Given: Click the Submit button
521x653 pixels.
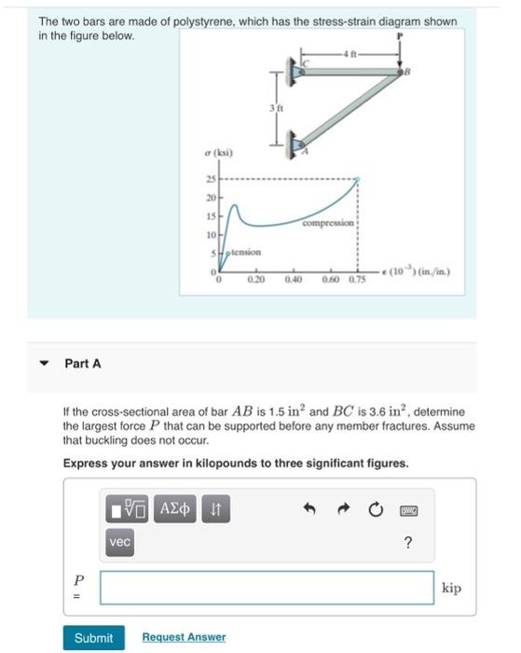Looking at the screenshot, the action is click(93, 637).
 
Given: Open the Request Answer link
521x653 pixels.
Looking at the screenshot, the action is click(184, 637).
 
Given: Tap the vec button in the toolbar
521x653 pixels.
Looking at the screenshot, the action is click(120, 542).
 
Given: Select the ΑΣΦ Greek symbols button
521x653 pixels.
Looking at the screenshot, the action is click(175, 508).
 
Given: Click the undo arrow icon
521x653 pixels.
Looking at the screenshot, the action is click(309, 508).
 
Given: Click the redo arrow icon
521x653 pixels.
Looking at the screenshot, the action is click(343, 508).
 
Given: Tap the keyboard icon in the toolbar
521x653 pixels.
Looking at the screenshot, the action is click(408, 510).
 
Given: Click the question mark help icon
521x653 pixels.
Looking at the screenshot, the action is click(408, 543).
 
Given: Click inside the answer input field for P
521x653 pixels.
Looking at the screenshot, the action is click(267, 588).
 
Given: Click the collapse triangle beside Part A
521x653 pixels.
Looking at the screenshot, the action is click(44, 363).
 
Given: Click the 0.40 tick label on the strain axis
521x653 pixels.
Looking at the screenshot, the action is click(294, 279).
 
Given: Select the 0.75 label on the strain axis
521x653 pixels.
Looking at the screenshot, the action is click(357, 279).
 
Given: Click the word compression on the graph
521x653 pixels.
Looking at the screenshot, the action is click(328, 223).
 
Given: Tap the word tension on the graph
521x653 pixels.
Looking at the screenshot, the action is click(246, 252).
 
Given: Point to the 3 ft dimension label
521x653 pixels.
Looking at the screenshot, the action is click(276, 108).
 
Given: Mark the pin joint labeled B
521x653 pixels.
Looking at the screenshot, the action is click(401, 72).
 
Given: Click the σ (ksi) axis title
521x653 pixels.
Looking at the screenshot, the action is click(219, 153).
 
